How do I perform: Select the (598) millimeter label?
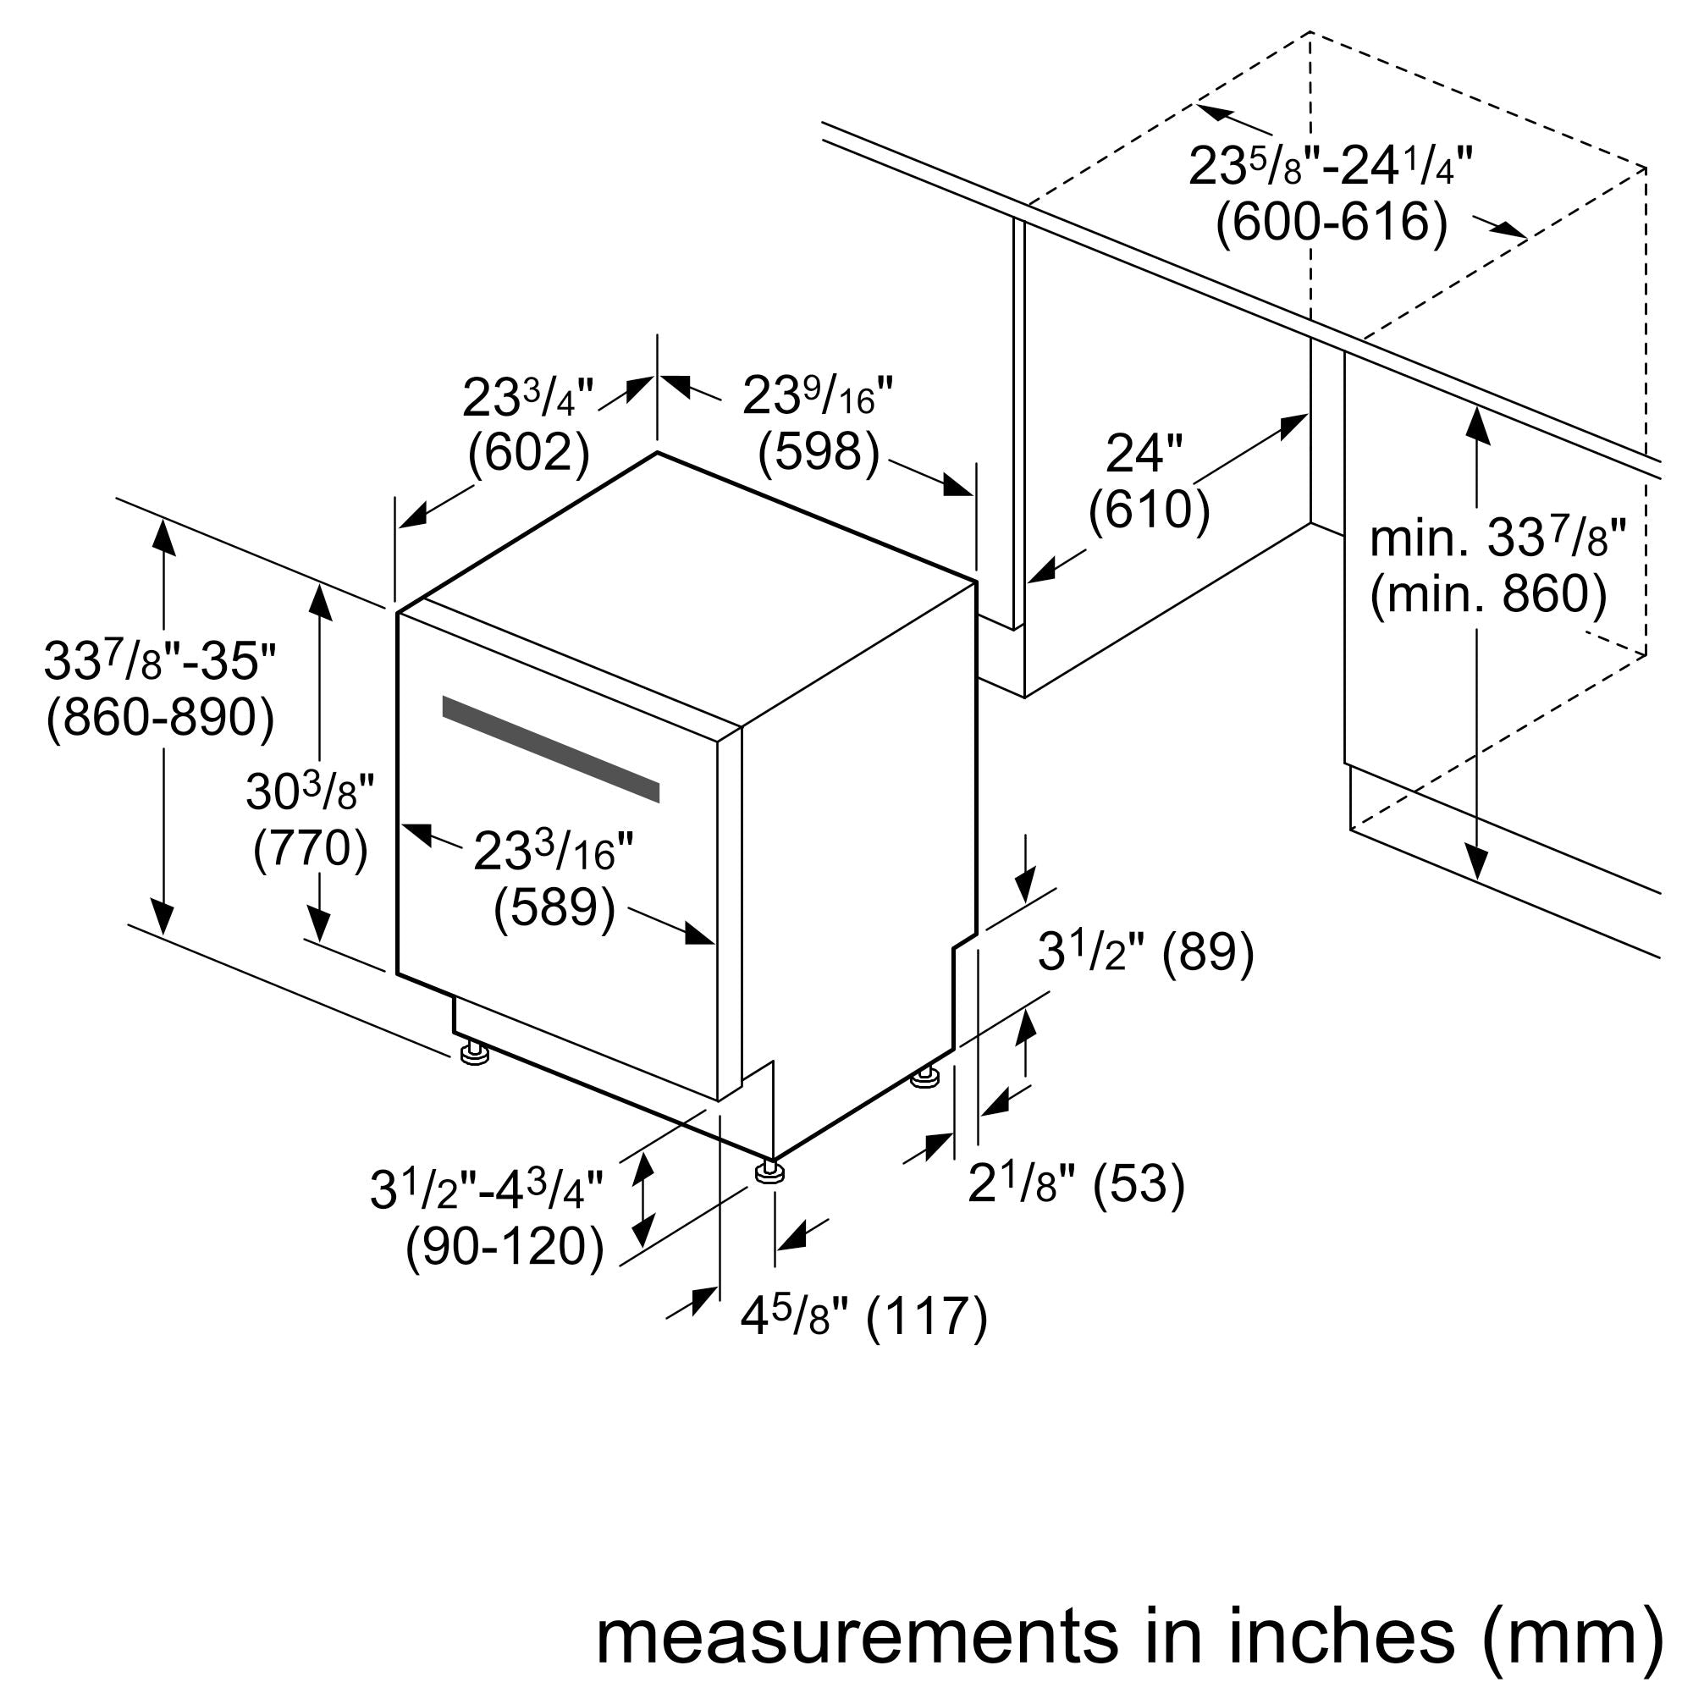click(x=819, y=452)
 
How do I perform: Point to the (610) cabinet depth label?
click(x=1148, y=508)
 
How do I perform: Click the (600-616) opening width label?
click(x=1331, y=222)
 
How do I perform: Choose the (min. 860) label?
click(x=1488, y=594)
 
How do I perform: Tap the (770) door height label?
click(x=310, y=848)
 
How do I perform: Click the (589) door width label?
click(x=554, y=907)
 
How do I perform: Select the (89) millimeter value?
click(x=1209, y=951)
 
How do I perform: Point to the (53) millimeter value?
click(x=1139, y=1185)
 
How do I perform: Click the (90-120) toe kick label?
click(x=505, y=1246)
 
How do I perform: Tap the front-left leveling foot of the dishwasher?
click(x=474, y=1052)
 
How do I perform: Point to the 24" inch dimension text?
click(x=1144, y=454)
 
